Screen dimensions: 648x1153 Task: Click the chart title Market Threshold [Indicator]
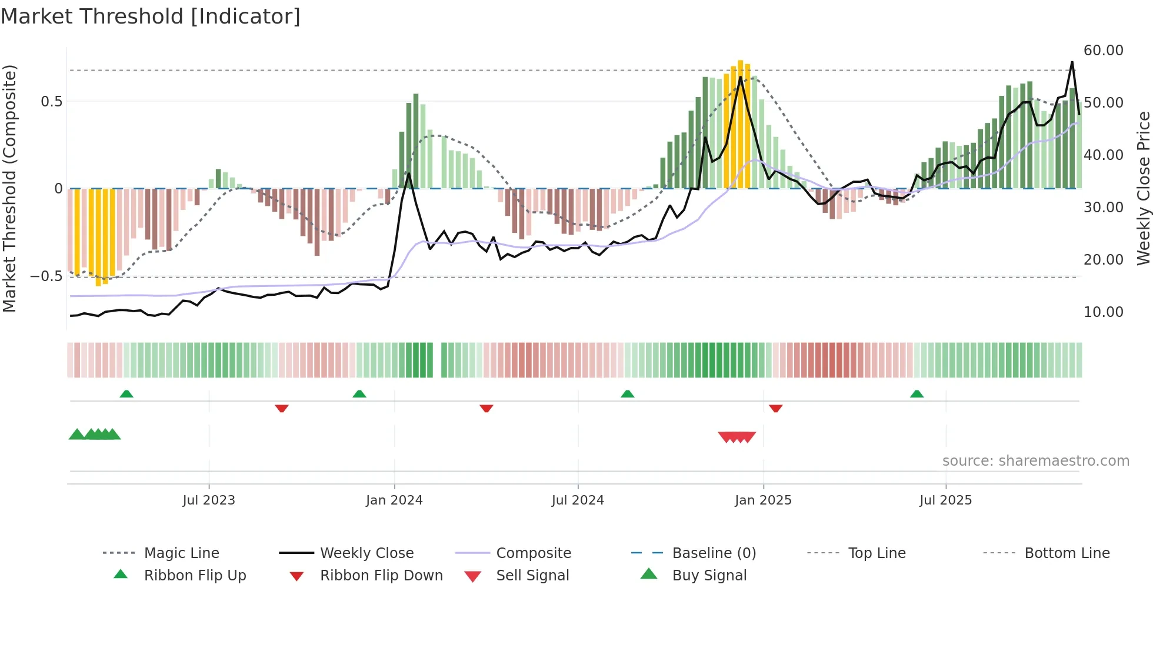click(x=151, y=16)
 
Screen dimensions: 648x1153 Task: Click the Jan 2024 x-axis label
click(x=394, y=500)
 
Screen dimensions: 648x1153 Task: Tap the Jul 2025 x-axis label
click(x=945, y=500)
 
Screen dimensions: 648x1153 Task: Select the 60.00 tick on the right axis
click(x=1103, y=51)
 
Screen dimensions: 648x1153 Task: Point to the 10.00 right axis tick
click(x=1103, y=312)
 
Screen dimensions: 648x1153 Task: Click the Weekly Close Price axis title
click(x=1143, y=188)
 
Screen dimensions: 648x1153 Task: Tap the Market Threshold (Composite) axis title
click(x=9, y=188)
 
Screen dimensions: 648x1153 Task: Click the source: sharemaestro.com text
click(x=1035, y=461)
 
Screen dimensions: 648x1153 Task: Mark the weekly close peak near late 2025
click(x=1072, y=62)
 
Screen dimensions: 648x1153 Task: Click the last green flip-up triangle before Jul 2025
click(x=917, y=394)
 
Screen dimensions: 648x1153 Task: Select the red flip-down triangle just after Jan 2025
click(x=775, y=408)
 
